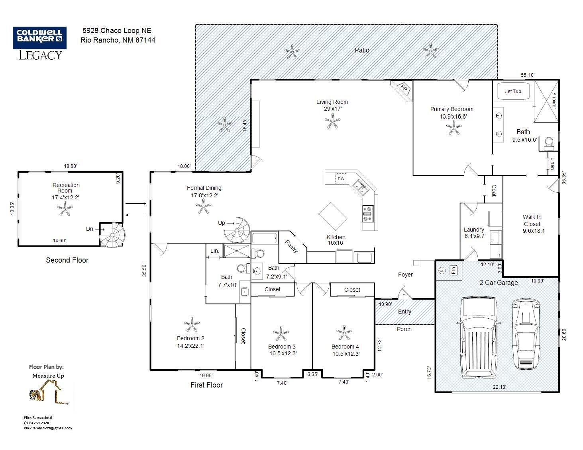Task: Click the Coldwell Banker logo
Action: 40,43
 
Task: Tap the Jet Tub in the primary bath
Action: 513,92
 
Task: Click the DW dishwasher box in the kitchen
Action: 341,179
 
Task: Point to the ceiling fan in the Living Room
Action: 332,121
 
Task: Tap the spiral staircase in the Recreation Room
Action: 112,235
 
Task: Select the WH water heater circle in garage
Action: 442,271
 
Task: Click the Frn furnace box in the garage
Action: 453,270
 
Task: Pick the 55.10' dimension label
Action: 528,75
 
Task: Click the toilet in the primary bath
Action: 549,144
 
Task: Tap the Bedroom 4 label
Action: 345,347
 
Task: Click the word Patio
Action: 362,51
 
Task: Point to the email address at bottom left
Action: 48,428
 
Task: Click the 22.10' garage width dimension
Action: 499,387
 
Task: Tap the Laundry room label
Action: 474,230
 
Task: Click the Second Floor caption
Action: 67,260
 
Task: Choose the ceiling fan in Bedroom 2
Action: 192,325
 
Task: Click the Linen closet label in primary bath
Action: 553,164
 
